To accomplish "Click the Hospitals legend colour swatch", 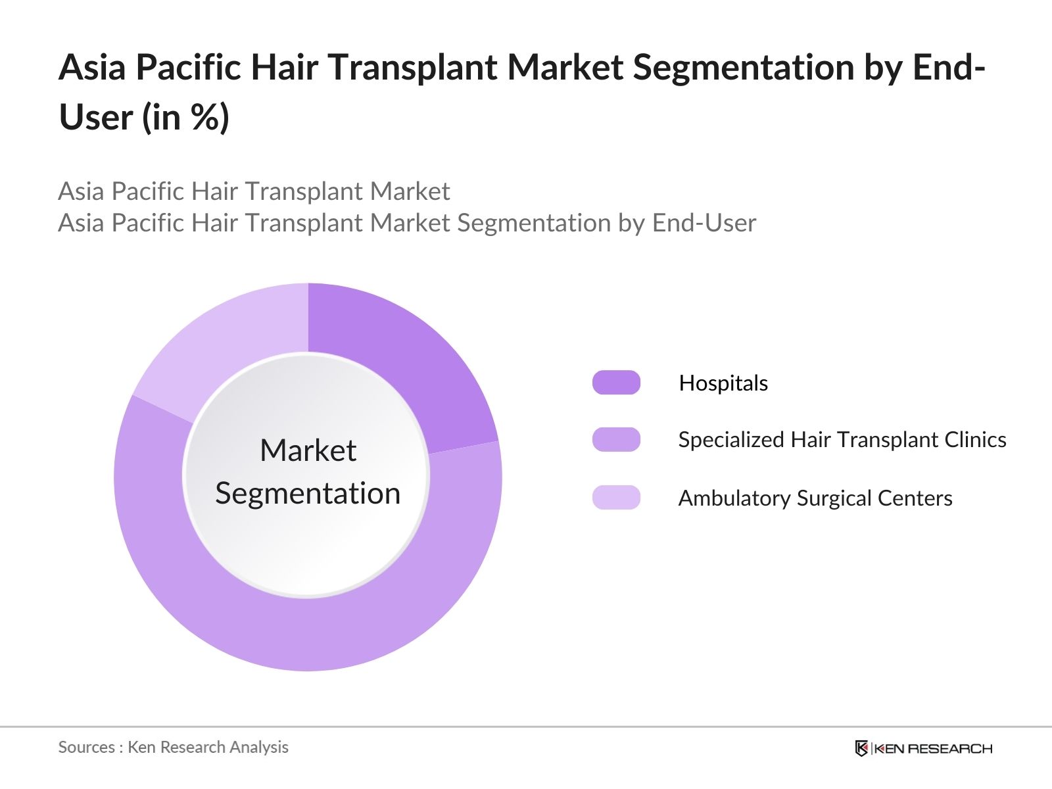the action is click(616, 382).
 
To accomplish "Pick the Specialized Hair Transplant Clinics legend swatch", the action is click(616, 439).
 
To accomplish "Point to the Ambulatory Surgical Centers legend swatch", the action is click(616, 497).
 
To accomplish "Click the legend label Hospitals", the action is click(723, 383).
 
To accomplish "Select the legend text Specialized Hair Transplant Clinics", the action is click(842, 440).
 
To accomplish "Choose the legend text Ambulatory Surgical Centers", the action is click(815, 498).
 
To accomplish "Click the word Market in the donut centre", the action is click(308, 450).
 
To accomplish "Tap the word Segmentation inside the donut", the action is click(308, 493).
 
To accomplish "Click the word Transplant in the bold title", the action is click(413, 68).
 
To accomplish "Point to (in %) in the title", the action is click(186, 117).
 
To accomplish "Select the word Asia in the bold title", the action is click(92, 67).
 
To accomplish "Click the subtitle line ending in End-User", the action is click(408, 224).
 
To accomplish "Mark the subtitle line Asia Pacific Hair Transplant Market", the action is click(254, 191).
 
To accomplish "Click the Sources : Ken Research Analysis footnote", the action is click(174, 748).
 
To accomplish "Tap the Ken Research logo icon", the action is click(861, 748).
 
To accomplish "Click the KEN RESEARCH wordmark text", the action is click(933, 749).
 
